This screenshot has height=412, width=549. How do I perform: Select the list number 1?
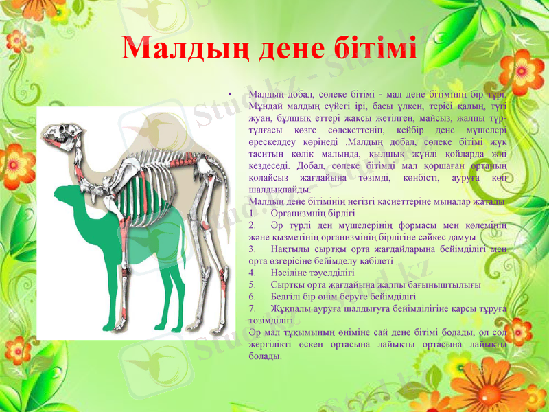click(253, 214)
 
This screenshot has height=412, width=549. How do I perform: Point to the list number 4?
click(253, 272)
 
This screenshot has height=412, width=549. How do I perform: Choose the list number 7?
click(253, 309)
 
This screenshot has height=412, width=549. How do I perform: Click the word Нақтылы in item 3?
click(290, 248)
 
